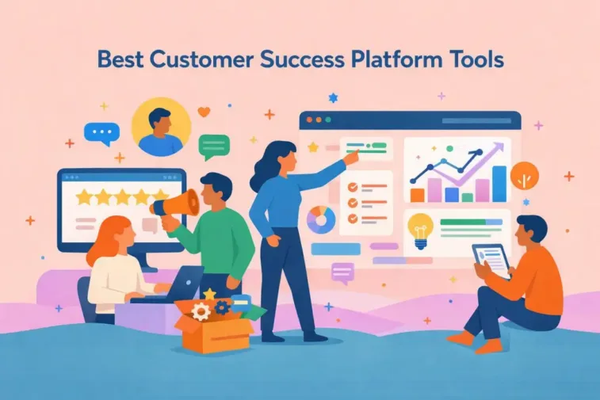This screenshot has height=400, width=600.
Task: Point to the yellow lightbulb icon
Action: tap(418, 227)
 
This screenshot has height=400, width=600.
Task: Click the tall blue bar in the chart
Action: tap(499, 184)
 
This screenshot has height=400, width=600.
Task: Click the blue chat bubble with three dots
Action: tap(100, 133)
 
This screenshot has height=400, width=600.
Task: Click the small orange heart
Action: tap(204, 112)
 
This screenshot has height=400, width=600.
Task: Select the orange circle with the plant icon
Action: tap(524, 176)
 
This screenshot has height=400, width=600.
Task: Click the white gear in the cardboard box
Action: tap(201, 311)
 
